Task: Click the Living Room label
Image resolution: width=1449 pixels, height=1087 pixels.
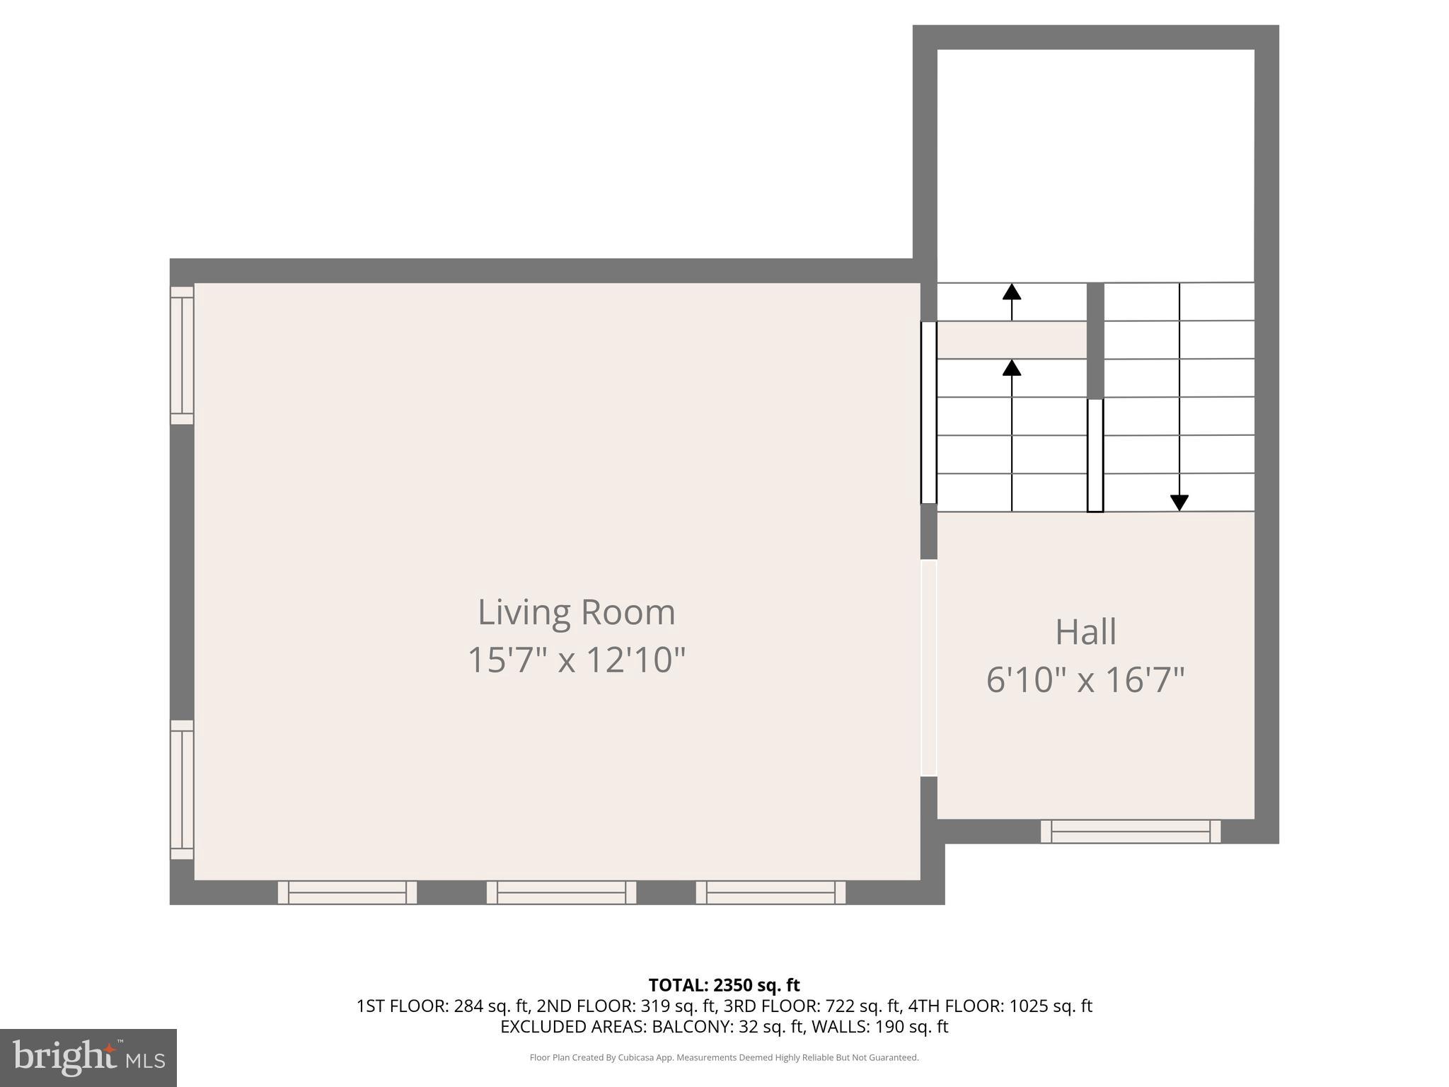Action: (576, 612)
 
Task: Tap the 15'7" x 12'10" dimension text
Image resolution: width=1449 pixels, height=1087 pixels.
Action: (576, 660)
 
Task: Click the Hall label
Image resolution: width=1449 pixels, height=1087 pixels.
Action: (1085, 632)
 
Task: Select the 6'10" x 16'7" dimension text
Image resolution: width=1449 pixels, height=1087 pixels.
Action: (1085, 680)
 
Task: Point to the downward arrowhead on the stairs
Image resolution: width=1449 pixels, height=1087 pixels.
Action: (1179, 502)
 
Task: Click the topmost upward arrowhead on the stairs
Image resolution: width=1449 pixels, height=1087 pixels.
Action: (1012, 292)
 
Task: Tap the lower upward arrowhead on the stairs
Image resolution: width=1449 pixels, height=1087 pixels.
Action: (1012, 367)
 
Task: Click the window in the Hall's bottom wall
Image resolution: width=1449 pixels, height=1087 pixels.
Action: (1130, 832)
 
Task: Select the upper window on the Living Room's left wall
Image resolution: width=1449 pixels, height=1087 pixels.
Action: (182, 355)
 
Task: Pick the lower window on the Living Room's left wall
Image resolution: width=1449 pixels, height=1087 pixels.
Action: (182, 790)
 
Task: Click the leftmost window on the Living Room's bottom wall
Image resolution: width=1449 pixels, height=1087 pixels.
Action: (347, 892)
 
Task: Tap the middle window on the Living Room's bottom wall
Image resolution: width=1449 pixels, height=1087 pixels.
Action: (561, 892)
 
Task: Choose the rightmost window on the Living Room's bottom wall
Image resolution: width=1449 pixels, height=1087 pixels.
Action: (770, 892)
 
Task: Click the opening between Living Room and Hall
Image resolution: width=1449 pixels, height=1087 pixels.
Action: (928, 668)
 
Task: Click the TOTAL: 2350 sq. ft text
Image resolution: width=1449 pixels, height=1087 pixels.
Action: (724, 985)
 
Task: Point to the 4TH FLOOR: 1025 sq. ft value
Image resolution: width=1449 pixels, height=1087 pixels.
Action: (1000, 1006)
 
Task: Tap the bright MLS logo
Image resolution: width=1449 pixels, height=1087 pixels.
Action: (88, 1057)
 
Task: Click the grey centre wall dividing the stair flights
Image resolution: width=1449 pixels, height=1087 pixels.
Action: (1095, 340)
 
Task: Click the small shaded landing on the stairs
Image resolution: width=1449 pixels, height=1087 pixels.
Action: (1012, 340)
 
